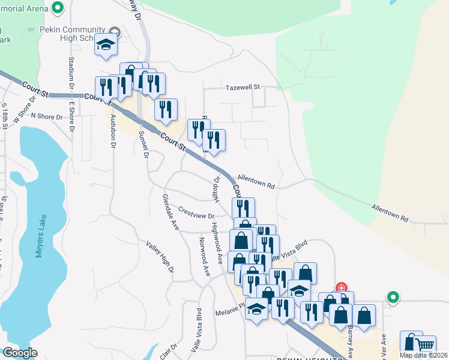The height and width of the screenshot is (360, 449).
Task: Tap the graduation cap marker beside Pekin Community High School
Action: click(106, 46)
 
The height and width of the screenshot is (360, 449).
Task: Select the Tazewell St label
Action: click(242, 87)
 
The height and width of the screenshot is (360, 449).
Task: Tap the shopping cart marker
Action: click(425, 345)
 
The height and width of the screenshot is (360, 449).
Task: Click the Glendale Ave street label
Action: click(170, 212)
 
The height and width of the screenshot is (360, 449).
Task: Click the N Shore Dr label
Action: click(46, 116)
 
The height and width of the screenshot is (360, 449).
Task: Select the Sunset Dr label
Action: click(143, 144)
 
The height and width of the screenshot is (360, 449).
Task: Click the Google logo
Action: click(20, 353)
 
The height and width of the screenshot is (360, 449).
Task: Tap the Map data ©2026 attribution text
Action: click(424, 355)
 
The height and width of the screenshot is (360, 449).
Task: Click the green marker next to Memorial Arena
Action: click(58, 8)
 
